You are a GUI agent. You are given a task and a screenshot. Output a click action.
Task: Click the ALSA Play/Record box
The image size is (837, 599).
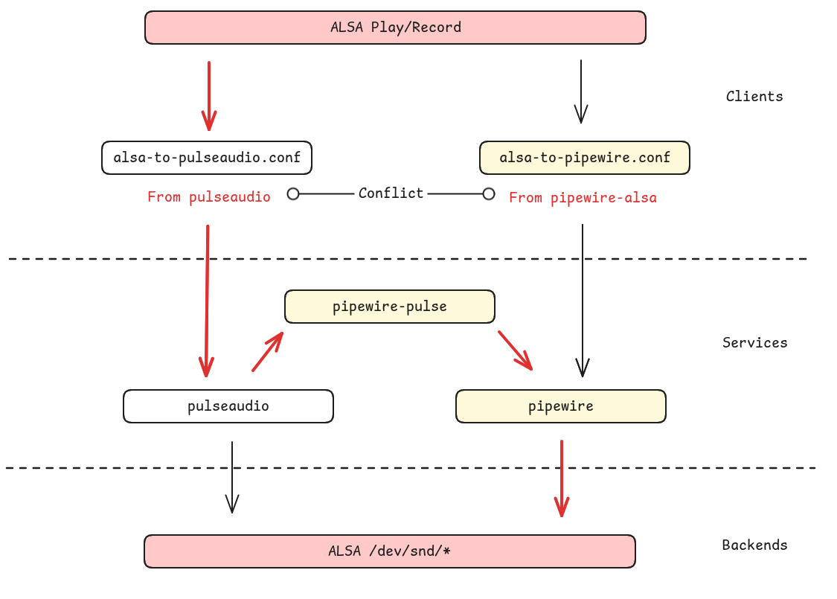(x=395, y=28)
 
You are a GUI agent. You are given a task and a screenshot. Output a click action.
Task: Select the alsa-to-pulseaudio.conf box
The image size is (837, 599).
(x=207, y=158)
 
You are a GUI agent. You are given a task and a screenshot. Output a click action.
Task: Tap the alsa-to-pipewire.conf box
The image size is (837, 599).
(x=585, y=158)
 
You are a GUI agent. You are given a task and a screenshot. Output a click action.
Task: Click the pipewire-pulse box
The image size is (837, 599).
(x=390, y=307)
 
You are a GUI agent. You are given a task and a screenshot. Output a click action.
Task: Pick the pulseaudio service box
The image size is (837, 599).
(x=228, y=406)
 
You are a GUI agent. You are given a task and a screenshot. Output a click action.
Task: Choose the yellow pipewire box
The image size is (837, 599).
(x=561, y=406)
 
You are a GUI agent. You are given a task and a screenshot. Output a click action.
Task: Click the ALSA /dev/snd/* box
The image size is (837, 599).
(x=390, y=551)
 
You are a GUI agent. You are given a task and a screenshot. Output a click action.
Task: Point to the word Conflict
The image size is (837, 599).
(x=391, y=193)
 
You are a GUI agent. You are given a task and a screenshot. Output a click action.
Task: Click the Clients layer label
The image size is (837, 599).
(x=754, y=96)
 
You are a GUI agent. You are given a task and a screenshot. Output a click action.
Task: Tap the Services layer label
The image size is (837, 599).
(x=754, y=342)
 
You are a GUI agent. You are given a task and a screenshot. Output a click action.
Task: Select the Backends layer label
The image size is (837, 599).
(x=754, y=545)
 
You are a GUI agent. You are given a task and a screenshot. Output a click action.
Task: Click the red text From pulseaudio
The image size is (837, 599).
(x=209, y=197)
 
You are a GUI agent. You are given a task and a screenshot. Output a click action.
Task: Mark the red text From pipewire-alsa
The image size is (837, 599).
(x=583, y=198)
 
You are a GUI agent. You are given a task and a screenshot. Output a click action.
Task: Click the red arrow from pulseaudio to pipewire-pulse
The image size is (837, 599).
(x=268, y=351)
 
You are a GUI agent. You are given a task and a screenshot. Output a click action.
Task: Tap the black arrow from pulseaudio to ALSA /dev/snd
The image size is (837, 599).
(x=232, y=476)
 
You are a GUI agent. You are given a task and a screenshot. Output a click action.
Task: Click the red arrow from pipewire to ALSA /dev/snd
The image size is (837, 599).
(x=562, y=478)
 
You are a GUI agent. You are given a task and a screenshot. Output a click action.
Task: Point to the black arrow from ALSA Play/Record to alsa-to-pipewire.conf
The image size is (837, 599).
(x=581, y=91)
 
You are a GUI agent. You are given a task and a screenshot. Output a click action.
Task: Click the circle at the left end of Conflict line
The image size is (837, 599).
(x=293, y=194)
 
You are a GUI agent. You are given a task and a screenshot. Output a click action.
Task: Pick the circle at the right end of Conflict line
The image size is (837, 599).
(x=489, y=194)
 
